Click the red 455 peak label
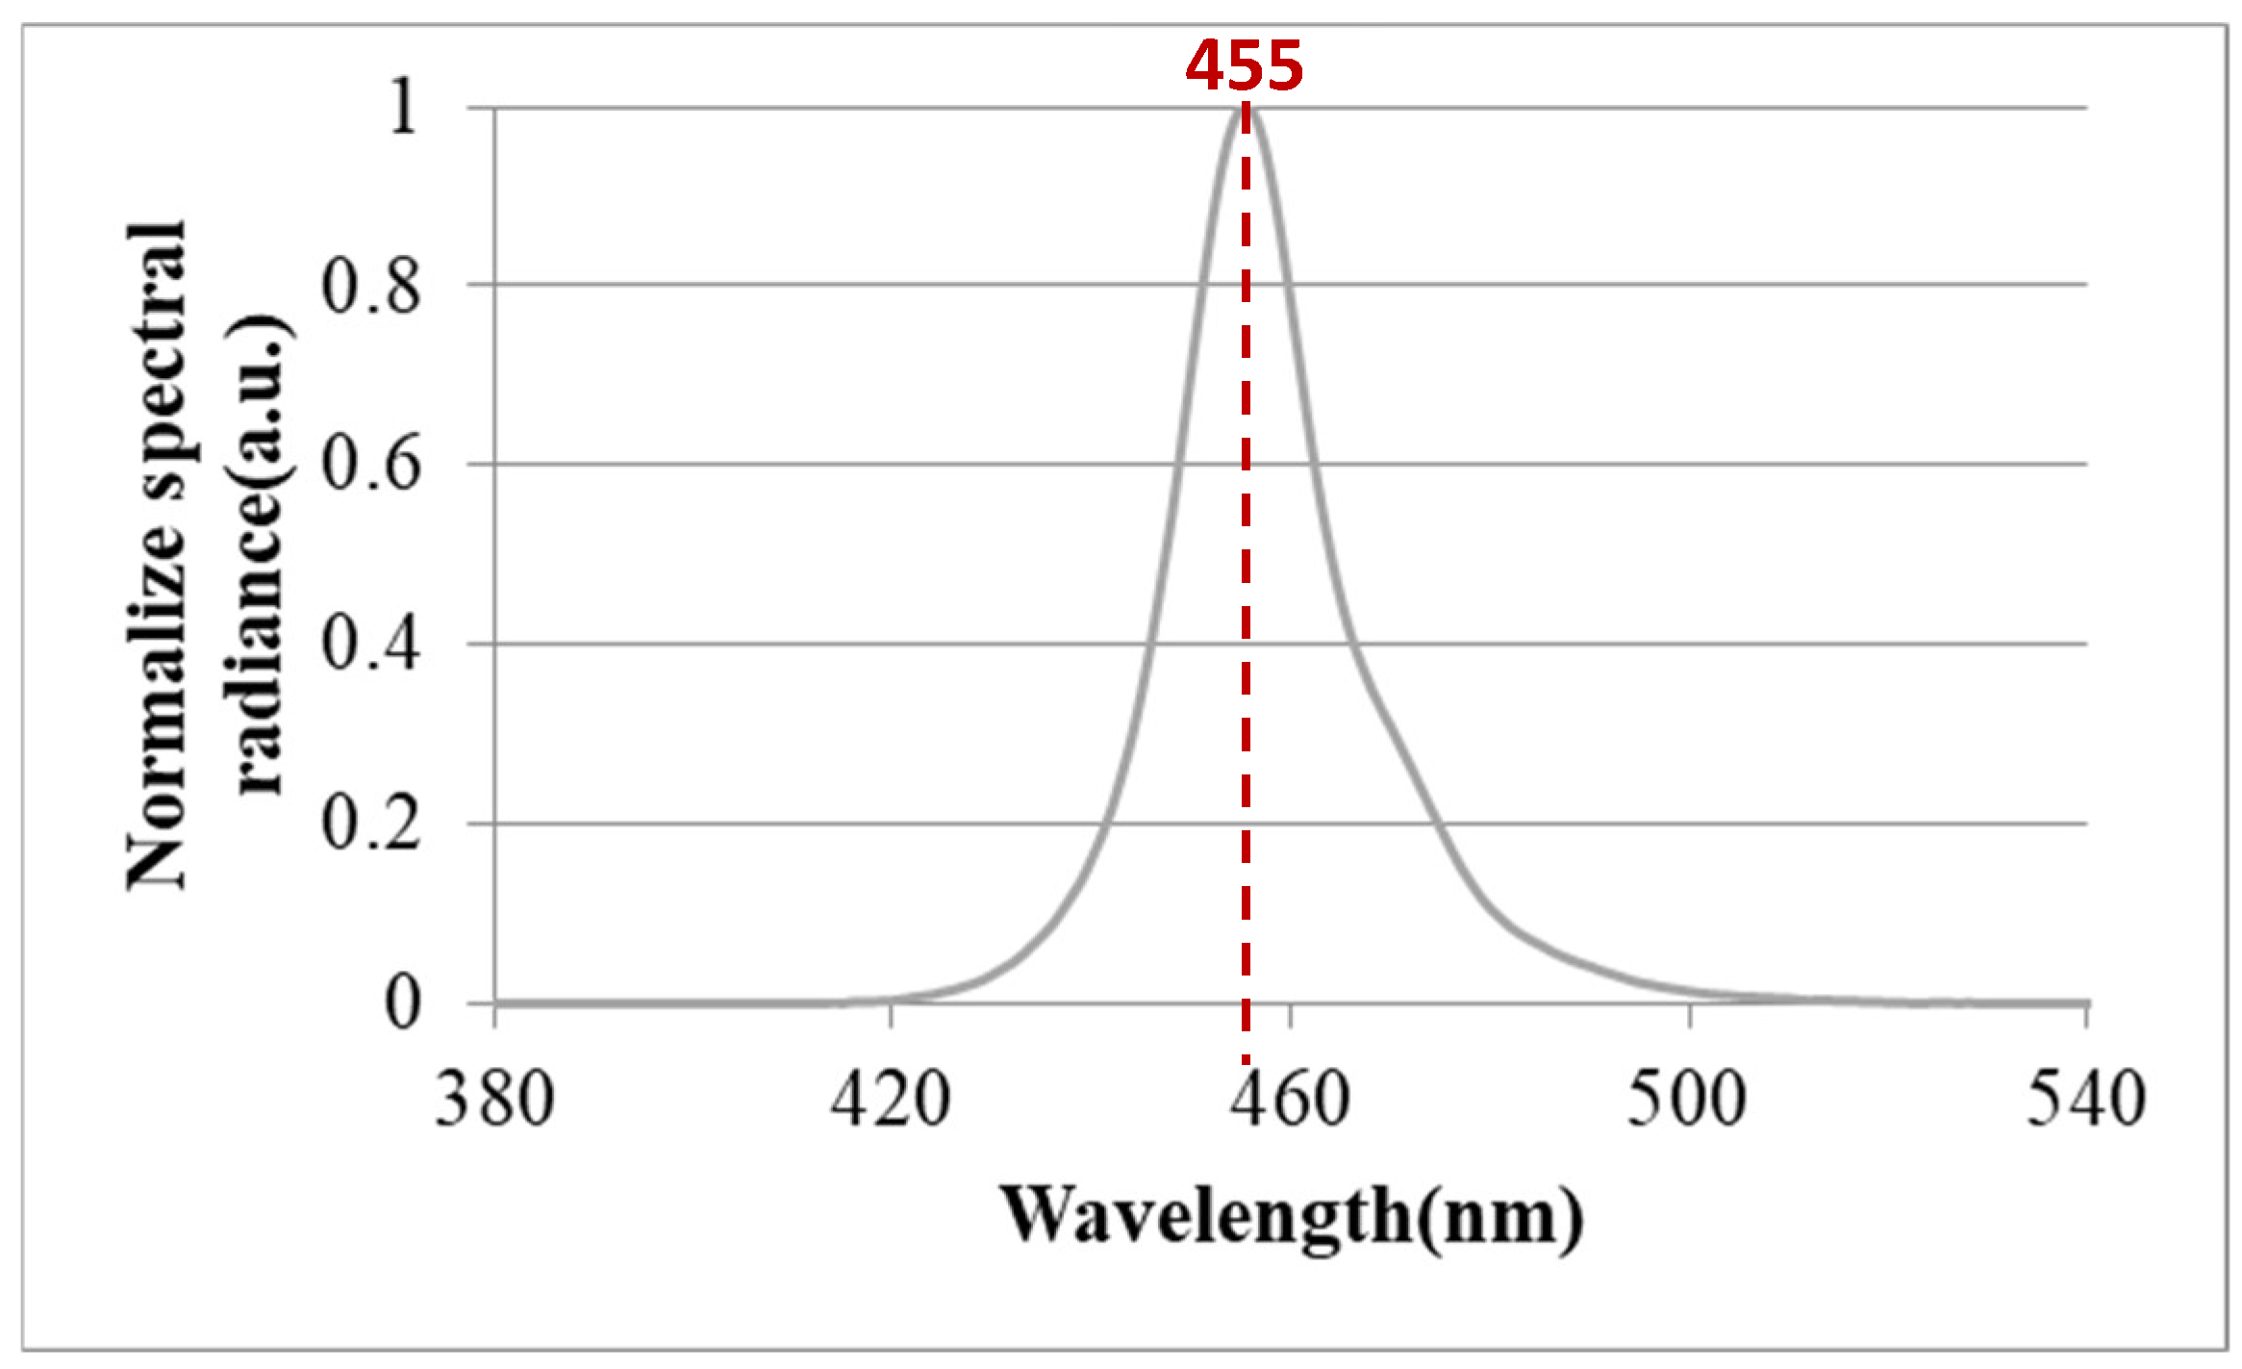[x=1244, y=66]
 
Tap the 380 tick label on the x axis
[x=494, y=1099]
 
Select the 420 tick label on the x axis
[x=891, y=1099]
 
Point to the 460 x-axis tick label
[x=1291, y=1099]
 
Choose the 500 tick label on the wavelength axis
[x=1686, y=1099]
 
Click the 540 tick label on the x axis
[x=2085, y=1099]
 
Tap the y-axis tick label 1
[x=402, y=106]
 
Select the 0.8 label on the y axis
[x=370, y=286]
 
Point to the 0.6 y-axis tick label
[x=370, y=465]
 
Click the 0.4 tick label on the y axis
[x=370, y=644]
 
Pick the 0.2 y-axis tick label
[x=370, y=824]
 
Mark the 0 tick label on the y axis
[x=402, y=1003]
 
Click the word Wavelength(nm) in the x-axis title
[x=1291, y=1217]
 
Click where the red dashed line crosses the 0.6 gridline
[x=1246, y=465]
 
